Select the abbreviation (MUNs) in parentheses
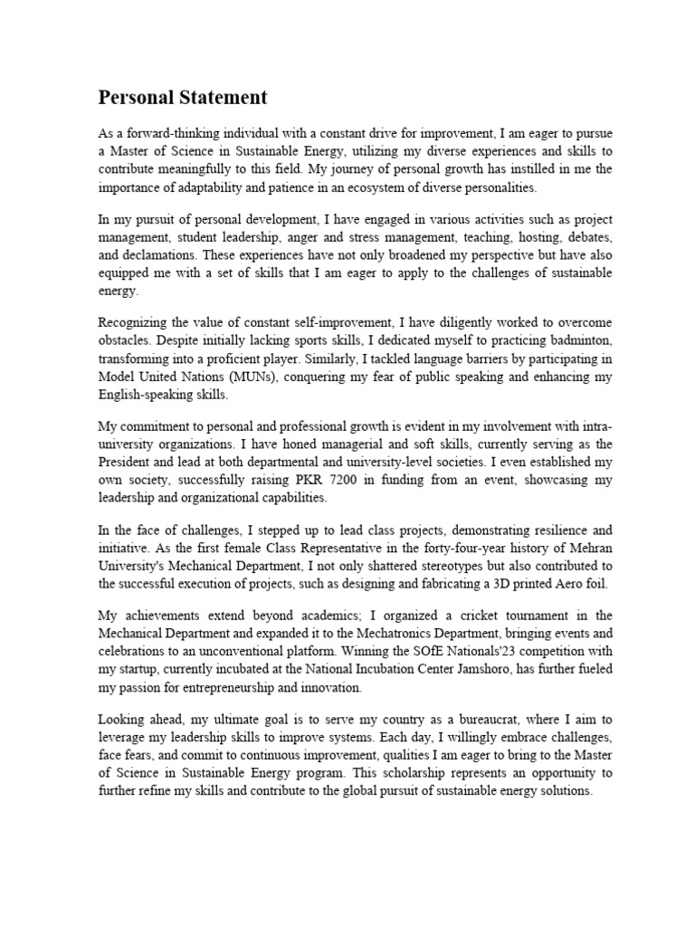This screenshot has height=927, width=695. coord(255,377)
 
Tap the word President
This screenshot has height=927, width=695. coord(128,463)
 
